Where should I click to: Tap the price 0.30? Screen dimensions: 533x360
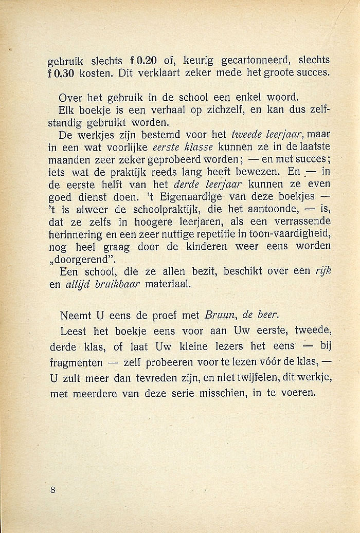64,73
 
